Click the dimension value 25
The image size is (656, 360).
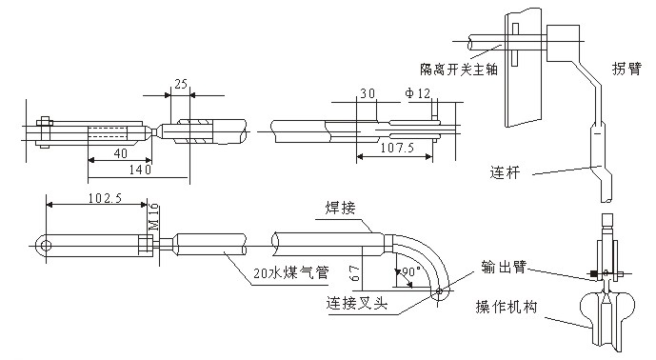coord(181,84)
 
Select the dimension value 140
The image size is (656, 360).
coord(140,170)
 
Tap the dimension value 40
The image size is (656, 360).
coord(121,153)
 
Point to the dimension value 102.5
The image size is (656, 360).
coord(105,197)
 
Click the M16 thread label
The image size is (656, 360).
coord(154,216)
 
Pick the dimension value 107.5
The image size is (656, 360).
coord(397,148)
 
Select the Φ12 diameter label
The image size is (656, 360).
coord(418,93)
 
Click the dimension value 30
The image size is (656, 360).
coord(368,93)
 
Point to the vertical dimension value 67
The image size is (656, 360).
coord(355,272)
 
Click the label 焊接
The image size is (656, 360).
coord(340,208)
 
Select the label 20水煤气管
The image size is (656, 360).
coord(291,273)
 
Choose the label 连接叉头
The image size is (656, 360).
coord(357,302)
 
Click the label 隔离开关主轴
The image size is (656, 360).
coord(459,70)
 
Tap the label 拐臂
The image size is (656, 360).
coord(626,69)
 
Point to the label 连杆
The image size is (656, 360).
coord(505,172)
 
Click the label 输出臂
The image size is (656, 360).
coord(504,267)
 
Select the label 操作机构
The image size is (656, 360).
coord(507,307)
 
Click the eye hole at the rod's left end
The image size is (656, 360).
coord(46,246)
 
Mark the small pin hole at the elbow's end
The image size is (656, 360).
coord(438,291)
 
